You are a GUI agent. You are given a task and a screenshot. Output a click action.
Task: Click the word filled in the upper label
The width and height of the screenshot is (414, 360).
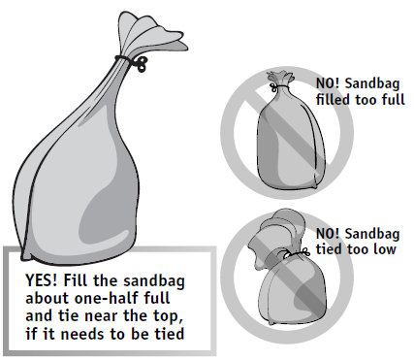coord(334,99)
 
